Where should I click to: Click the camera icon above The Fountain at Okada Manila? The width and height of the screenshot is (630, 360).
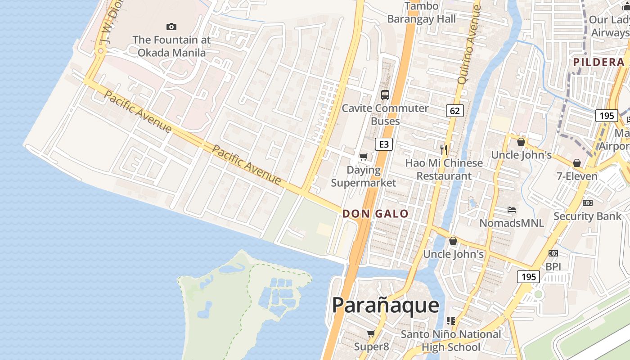pos(171,27)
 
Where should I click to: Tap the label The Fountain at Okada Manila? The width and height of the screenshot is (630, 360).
pos(171,46)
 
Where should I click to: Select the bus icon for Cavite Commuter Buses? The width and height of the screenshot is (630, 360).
pos(385,95)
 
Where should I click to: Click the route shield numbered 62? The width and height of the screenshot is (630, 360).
pos(455,111)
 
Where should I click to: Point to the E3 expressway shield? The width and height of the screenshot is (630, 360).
pos(384,144)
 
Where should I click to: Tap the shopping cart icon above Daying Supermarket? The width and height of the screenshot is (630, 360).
pos(363,157)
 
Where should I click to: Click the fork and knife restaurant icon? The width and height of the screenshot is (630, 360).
pos(444,150)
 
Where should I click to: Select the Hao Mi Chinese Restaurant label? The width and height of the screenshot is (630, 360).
pos(444,170)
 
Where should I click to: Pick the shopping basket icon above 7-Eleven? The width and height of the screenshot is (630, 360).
pos(577,163)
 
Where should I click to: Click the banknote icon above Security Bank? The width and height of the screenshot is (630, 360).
pos(587,203)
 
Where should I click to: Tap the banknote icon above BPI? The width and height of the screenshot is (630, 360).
pos(553,253)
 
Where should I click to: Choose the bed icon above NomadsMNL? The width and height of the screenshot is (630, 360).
pos(511,210)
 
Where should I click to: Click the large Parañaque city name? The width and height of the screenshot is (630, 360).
pos(386,306)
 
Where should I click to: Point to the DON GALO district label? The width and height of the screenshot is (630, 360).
pos(375,214)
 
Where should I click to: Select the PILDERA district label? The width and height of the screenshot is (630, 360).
pos(598,62)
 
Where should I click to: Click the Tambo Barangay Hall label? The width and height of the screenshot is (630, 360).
pos(422,13)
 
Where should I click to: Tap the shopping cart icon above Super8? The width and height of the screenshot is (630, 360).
pos(371,334)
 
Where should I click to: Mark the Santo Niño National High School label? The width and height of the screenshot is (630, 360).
pos(450,341)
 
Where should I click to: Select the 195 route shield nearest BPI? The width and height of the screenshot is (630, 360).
pos(528,276)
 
